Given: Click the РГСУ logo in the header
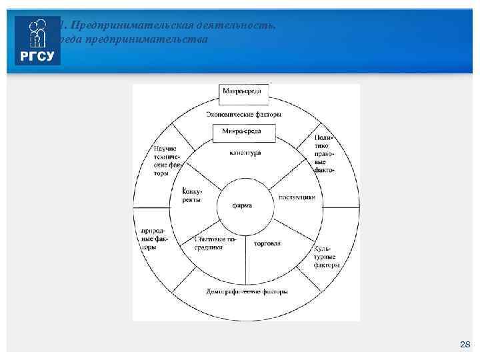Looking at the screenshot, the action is [x=37, y=41].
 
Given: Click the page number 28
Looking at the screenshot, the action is [x=465, y=344].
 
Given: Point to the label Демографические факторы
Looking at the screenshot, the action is [x=246, y=292].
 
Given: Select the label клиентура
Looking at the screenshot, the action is [x=245, y=153].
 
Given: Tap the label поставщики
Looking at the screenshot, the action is [x=297, y=197].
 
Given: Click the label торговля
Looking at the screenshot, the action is [x=267, y=243].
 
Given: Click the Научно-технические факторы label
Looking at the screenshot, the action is [x=169, y=161].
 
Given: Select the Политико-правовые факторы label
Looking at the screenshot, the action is [x=323, y=154].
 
